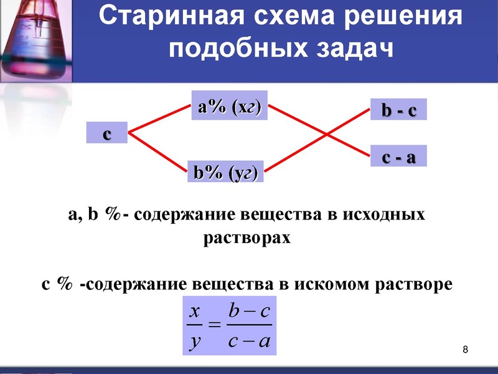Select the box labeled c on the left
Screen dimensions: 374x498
(106, 134)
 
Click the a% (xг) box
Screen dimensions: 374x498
(228, 107)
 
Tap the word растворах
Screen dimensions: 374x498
(247, 238)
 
